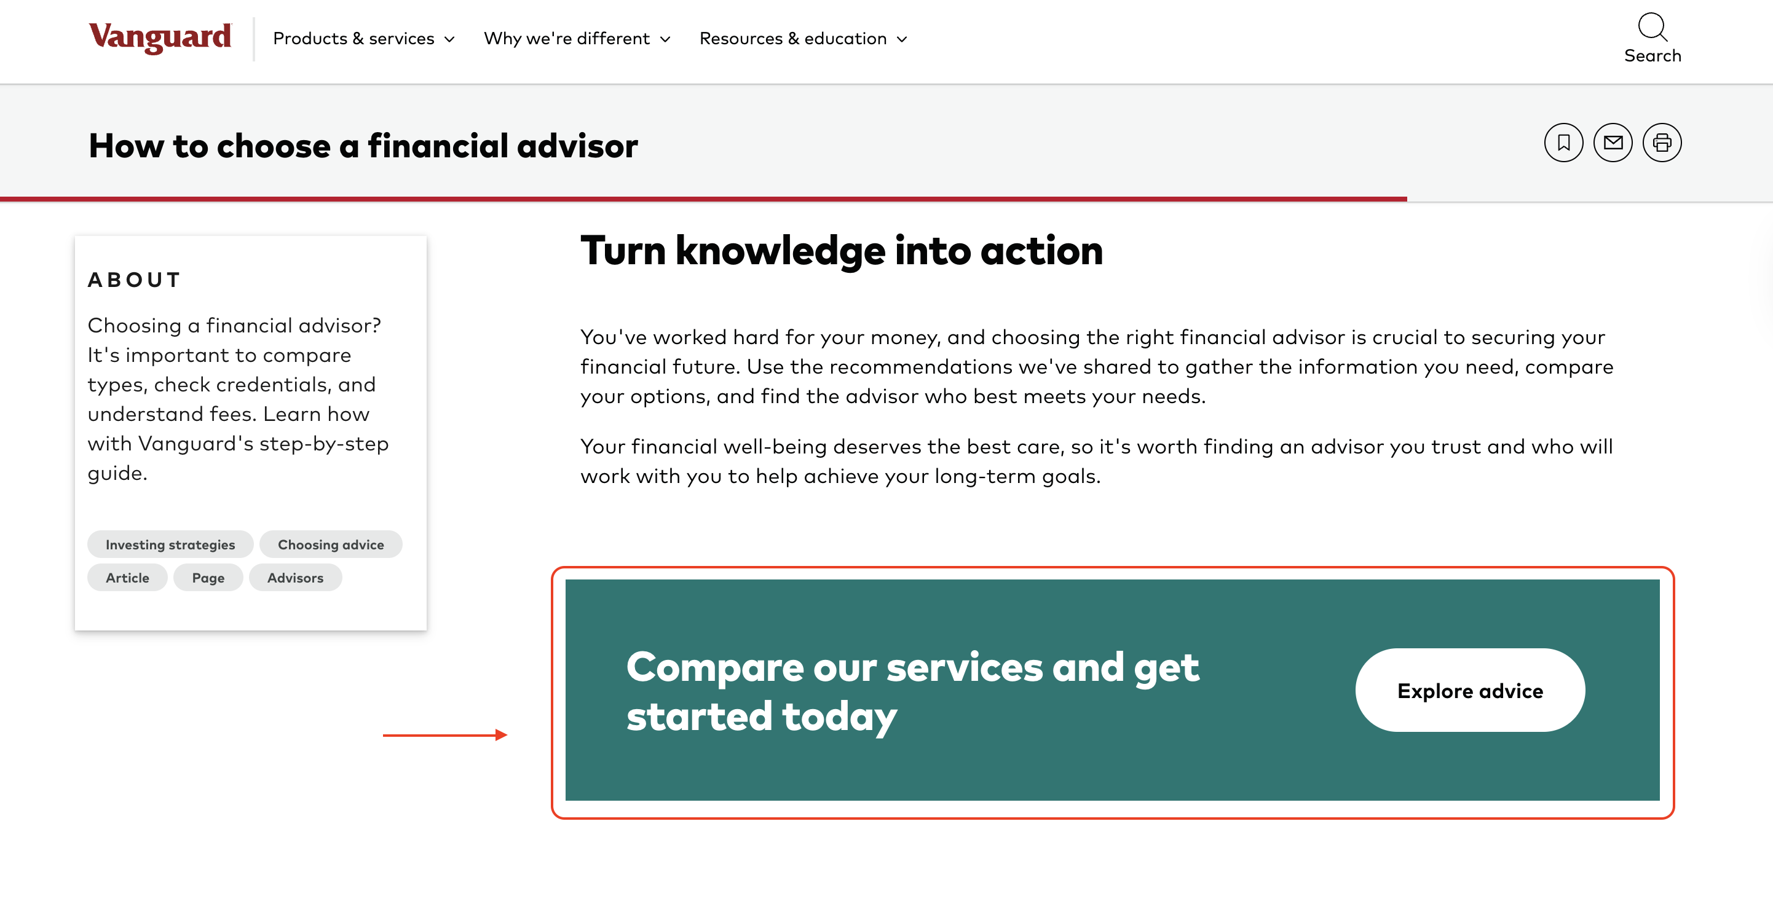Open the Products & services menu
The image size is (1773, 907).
pyautogui.click(x=363, y=39)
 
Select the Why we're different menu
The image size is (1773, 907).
pyautogui.click(x=577, y=39)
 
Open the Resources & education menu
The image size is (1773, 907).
pyautogui.click(x=802, y=39)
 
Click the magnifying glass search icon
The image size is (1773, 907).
pyautogui.click(x=1652, y=28)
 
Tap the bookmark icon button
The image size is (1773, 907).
pyautogui.click(x=1563, y=143)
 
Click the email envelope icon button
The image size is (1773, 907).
pyautogui.click(x=1613, y=143)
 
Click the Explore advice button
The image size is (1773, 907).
pyautogui.click(x=1469, y=690)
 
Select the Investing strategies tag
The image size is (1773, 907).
pyautogui.click(x=170, y=544)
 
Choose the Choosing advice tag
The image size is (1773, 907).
pyautogui.click(x=330, y=544)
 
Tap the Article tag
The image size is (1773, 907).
pyautogui.click(x=127, y=578)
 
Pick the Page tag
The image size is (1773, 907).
pyautogui.click(x=208, y=578)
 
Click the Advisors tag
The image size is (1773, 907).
pyautogui.click(x=295, y=578)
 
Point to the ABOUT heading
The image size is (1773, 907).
pyautogui.click(x=134, y=280)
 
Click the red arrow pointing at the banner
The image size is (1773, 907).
pyautogui.click(x=444, y=735)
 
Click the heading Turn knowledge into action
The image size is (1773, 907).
pyautogui.click(x=841, y=251)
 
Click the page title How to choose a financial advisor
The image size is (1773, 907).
pyautogui.click(x=363, y=146)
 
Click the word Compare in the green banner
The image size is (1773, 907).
pyautogui.click(x=714, y=667)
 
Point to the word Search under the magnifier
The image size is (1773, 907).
pyautogui.click(x=1652, y=56)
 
